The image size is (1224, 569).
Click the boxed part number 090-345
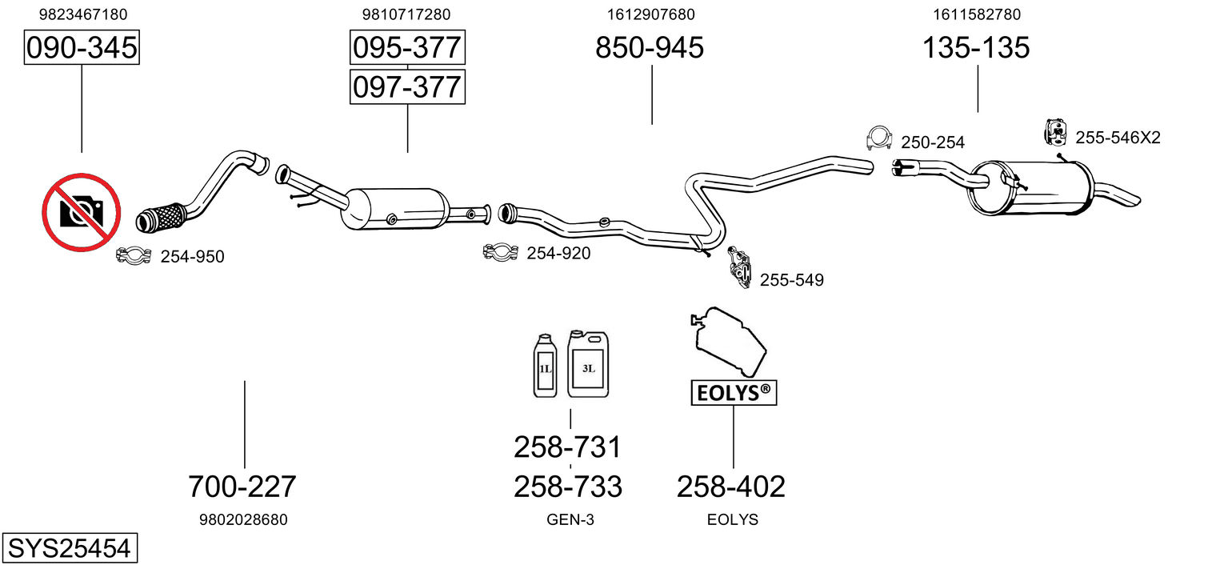click(82, 47)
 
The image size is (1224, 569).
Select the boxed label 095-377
click(407, 47)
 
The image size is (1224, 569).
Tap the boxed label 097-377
click(407, 87)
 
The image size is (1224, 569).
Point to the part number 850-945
click(649, 47)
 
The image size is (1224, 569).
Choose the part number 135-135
click(976, 47)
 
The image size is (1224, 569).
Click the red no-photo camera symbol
click(82, 213)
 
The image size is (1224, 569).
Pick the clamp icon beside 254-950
click(134, 255)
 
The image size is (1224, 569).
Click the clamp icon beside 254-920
click(501, 251)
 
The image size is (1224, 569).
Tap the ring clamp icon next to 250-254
click(879, 138)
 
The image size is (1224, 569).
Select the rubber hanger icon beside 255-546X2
click(1055, 132)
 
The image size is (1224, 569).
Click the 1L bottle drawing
click(545, 366)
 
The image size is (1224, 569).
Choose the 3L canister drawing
click(587, 363)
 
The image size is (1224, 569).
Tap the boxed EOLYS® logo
click(734, 393)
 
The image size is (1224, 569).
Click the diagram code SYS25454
click(70, 548)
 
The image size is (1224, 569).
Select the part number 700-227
click(242, 487)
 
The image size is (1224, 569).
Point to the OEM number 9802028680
click(243, 519)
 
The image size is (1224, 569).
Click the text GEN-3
click(570, 519)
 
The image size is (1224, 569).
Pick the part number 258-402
click(731, 487)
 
